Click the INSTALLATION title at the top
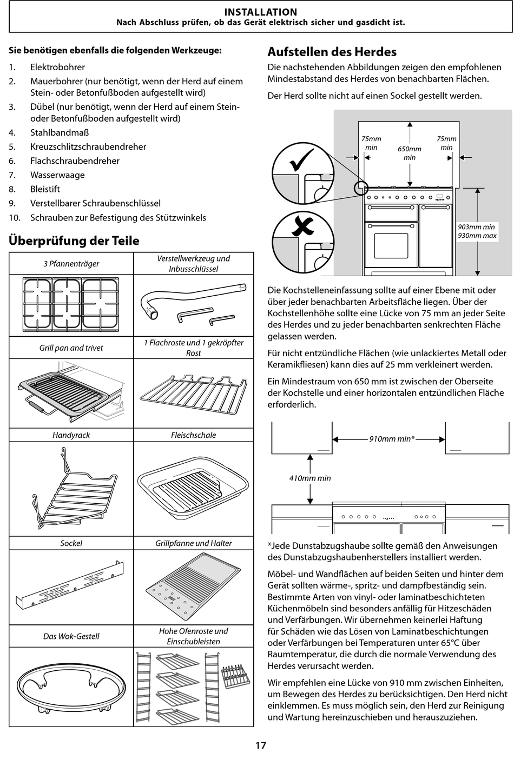pyautogui.click(x=260, y=12)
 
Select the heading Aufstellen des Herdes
pyautogui.click(x=332, y=52)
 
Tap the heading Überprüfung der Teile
pyautogui.click(x=74, y=241)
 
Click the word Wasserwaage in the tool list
pyautogui.click(x=57, y=175)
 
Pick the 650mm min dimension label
pyautogui.click(x=410, y=153)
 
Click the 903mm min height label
pyautogui.click(x=477, y=227)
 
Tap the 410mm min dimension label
pyautogui.click(x=310, y=478)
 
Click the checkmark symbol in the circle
pyautogui.click(x=302, y=162)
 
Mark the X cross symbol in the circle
pyautogui.click(x=302, y=227)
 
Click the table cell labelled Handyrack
pyautogui.click(x=71, y=435)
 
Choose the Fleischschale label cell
pyautogui.click(x=193, y=435)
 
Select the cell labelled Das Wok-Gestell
pyautogui.click(x=71, y=636)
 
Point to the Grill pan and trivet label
pyautogui.click(x=71, y=348)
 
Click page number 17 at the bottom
pyautogui.click(x=260, y=745)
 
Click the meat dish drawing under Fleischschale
pyautogui.click(x=193, y=490)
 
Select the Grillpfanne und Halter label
pyautogui.click(x=193, y=543)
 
